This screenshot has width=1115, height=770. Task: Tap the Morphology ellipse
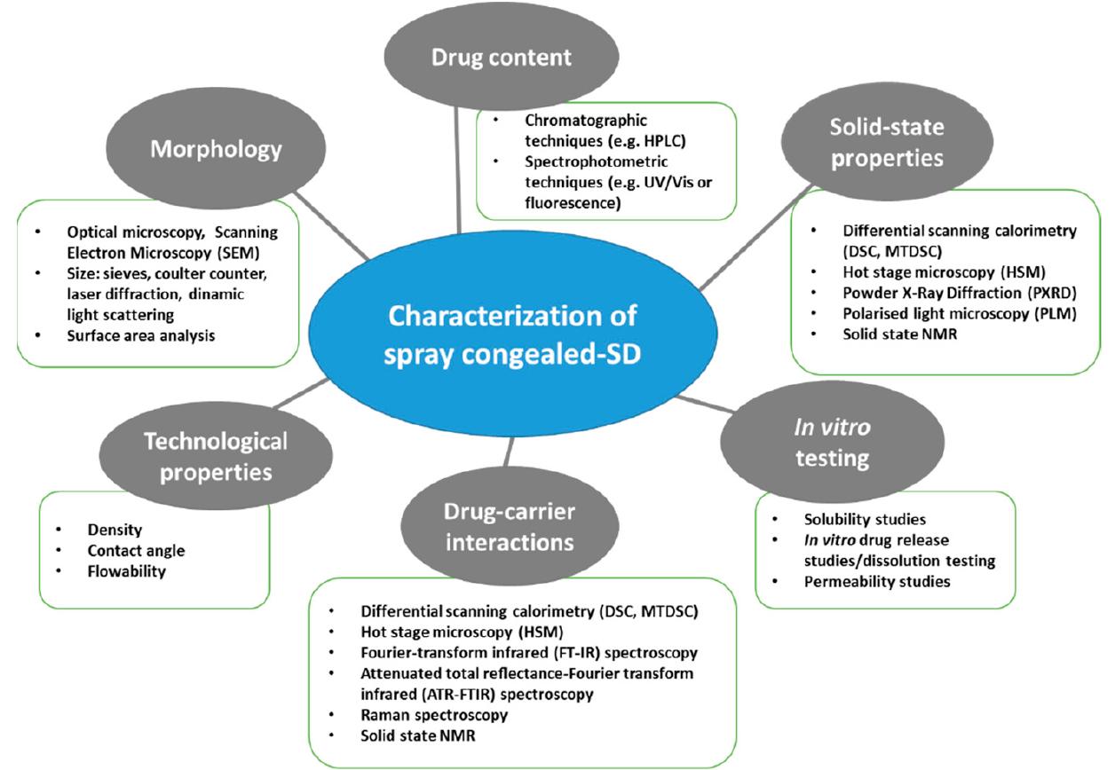(x=216, y=148)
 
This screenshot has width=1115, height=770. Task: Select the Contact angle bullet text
(x=136, y=550)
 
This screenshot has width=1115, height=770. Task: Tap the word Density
(x=115, y=530)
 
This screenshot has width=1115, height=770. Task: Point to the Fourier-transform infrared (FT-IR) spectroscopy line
(x=529, y=653)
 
